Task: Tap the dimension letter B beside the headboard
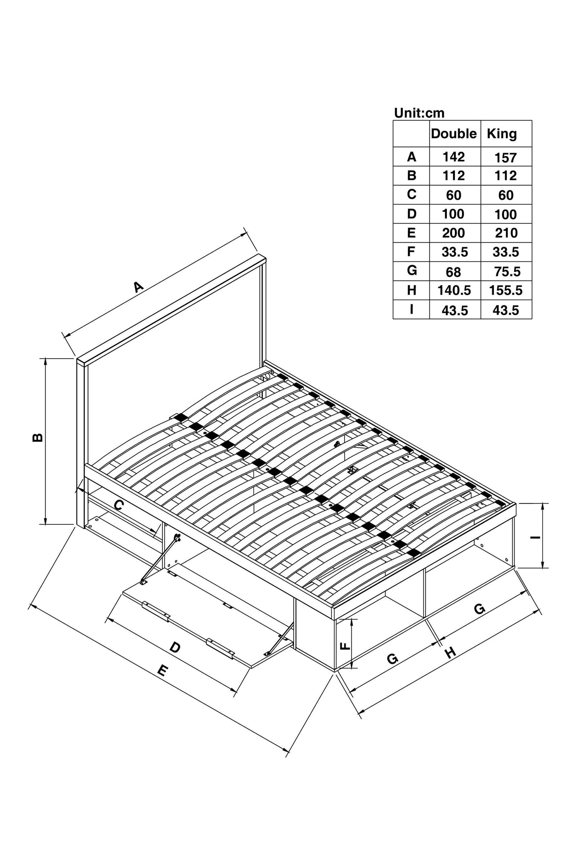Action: pos(38,437)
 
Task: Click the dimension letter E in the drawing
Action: pos(162,671)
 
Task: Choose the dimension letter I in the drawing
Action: pos(535,537)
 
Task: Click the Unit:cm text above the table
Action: pos(419,113)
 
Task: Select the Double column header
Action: pos(454,134)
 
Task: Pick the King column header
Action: pos(502,134)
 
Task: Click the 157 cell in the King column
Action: pos(506,158)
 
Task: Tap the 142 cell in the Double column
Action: pos(454,157)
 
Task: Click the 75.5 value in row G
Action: pos(507,272)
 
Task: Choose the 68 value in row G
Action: pos(453,272)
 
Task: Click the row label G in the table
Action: pos(412,271)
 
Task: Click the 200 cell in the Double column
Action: pos(454,233)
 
